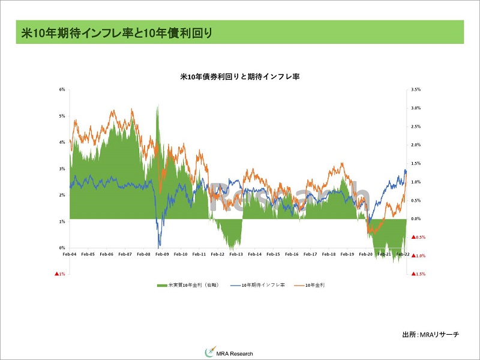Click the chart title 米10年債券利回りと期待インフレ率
click(240, 76)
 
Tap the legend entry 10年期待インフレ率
click(260, 284)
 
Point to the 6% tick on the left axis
click(62, 89)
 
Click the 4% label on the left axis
click(62, 142)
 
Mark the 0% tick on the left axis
click(62, 248)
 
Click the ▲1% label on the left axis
click(60, 274)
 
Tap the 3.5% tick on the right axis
click(416, 89)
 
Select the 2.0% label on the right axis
click(416, 145)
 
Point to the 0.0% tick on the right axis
click(416, 219)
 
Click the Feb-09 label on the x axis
click(163, 254)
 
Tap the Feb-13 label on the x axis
click(236, 254)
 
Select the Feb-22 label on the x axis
click(402, 254)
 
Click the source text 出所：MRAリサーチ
click(430, 334)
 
